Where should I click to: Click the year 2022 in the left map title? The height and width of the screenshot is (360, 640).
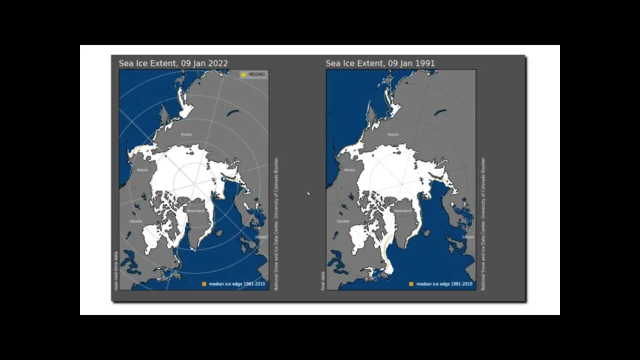(218, 63)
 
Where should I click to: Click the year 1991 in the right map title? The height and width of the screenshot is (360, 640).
(425, 63)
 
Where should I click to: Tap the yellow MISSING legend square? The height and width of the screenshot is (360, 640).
(243, 74)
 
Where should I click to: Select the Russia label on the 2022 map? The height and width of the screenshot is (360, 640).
(186, 134)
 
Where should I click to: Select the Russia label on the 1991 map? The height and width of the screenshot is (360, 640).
(393, 134)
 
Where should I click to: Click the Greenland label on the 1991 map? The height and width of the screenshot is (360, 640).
(402, 211)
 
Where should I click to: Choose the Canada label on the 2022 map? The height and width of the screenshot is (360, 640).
(136, 220)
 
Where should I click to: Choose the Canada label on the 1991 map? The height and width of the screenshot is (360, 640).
(343, 220)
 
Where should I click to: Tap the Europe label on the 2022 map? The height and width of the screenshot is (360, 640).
(261, 237)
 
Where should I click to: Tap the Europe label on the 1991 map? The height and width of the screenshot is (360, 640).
(468, 237)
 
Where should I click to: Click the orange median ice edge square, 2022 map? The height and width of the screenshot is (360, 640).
(204, 284)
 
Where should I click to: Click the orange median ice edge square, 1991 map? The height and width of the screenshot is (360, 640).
(411, 284)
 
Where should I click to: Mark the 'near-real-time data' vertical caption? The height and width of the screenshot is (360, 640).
(116, 270)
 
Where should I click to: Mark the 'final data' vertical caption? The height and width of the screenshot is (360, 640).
(323, 280)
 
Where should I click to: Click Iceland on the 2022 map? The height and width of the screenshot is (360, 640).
(219, 232)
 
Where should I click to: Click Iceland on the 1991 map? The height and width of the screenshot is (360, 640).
(426, 232)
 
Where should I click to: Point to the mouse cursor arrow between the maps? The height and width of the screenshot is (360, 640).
(308, 193)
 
